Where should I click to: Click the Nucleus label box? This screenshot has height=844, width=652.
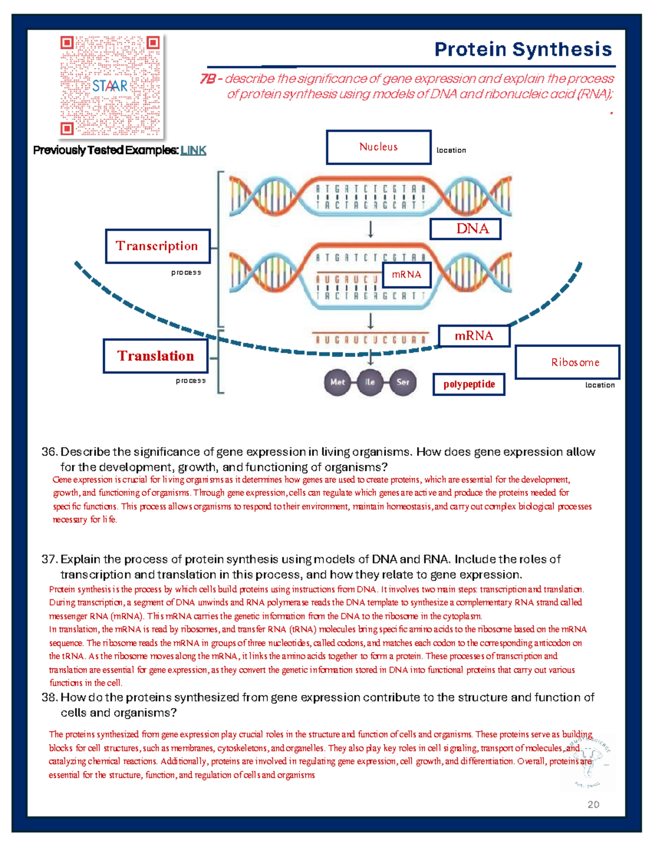(379, 147)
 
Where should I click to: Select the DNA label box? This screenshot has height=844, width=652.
(465, 229)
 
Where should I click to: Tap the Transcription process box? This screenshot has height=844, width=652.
(158, 246)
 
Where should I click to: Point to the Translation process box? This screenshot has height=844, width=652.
(155, 356)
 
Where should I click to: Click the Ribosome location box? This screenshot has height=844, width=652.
(567, 362)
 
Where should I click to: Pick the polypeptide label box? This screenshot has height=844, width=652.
(469, 384)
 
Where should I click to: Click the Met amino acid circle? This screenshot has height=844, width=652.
(337, 382)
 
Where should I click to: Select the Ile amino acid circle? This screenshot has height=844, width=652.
(370, 382)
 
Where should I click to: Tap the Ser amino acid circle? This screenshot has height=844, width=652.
(403, 382)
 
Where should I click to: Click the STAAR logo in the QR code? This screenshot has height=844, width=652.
(110, 86)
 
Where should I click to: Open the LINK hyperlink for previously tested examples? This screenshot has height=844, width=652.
(193, 151)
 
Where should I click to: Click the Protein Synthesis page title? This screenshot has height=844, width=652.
(523, 49)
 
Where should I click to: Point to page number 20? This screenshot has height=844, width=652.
(593, 804)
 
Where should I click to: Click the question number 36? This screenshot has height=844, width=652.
(49, 452)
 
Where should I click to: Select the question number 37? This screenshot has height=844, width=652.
(49, 560)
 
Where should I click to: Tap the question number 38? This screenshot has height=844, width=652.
(49, 698)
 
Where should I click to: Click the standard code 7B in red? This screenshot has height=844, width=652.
(208, 79)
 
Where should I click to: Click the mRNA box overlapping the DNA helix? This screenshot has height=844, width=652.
(407, 275)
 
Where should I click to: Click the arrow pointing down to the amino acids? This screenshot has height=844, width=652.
(371, 357)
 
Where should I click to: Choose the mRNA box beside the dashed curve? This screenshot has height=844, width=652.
(474, 336)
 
